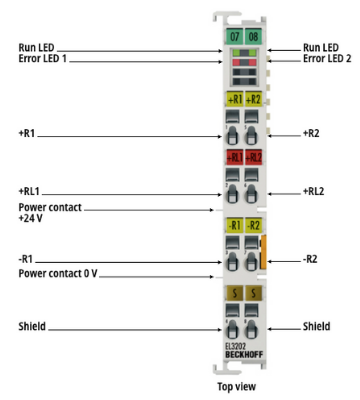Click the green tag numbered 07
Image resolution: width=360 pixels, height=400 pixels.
(235, 36)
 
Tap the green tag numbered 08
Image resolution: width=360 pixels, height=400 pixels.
(253, 36)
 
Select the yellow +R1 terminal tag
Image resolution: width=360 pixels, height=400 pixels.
(235, 99)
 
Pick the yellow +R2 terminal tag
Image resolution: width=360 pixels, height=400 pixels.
(253, 99)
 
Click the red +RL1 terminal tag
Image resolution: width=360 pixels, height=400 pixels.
(235, 157)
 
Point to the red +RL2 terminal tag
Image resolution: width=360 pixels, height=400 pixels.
(253, 157)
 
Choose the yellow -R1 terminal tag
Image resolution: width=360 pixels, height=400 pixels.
(235, 225)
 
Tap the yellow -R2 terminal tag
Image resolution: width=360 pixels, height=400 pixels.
(253, 225)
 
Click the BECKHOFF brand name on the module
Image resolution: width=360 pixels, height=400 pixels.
(244, 355)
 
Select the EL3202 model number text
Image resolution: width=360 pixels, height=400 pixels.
(235, 347)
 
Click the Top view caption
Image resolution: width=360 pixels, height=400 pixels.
(237, 387)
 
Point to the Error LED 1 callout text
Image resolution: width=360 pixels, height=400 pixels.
(43, 59)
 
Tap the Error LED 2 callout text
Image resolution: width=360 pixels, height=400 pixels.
(327, 59)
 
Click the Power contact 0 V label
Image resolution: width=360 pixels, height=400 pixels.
(58, 273)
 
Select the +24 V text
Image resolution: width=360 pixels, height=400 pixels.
(30, 219)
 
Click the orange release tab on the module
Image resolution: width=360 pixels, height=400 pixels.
(263, 252)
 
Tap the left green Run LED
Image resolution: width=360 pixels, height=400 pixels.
(236, 52)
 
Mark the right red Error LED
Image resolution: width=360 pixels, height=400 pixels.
(252, 62)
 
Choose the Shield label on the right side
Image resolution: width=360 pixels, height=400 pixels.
(316, 326)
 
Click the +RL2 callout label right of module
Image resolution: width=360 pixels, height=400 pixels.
(313, 191)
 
